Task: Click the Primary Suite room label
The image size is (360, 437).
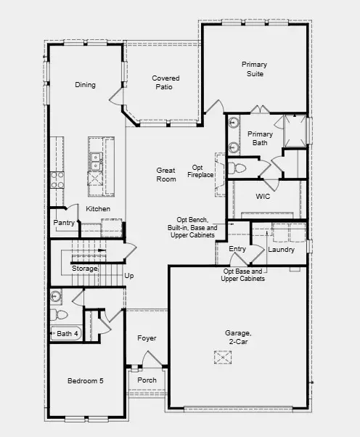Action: [253, 69]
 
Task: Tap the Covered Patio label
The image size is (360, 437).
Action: [165, 82]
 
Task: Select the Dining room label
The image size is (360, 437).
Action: [85, 85]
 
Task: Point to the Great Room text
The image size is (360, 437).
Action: [166, 174]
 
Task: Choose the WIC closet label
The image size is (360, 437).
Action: [263, 197]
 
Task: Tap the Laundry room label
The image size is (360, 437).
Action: [281, 250]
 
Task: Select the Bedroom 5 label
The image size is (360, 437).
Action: [85, 381]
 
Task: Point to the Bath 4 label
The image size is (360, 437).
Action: [67, 334]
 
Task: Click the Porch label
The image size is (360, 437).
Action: [147, 380]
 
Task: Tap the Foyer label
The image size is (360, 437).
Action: [147, 338]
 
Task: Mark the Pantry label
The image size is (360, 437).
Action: [64, 223]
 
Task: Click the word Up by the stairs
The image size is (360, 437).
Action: [129, 276]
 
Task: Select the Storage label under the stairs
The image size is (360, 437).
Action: [84, 269]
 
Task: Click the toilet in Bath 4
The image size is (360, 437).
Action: [59, 315]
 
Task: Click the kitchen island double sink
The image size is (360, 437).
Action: [95, 157]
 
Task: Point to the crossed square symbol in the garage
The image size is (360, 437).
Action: [222, 357]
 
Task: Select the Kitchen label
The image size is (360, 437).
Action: [98, 209]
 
